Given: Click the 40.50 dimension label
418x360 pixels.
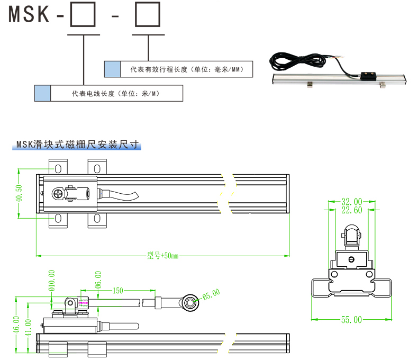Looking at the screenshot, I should tap(20, 193).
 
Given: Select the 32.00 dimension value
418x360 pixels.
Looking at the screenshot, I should tap(351, 202).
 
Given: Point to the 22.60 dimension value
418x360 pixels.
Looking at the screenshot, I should tap(351, 210).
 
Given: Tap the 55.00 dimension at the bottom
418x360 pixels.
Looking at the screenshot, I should tap(351, 320).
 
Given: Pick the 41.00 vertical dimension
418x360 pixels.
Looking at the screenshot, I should tap(28, 328).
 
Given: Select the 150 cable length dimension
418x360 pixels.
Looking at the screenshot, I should tap(117, 291).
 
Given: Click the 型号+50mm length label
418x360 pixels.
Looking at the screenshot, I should tap(163, 256).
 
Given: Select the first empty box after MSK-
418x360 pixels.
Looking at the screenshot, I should tap(83, 16).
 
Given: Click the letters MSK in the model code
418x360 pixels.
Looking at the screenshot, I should tap(29, 15).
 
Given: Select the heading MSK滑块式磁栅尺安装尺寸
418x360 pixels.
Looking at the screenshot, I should tap(77, 144).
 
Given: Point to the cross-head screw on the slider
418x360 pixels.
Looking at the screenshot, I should tap(58, 194).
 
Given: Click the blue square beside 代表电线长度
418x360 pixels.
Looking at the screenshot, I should tap(42, 93).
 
